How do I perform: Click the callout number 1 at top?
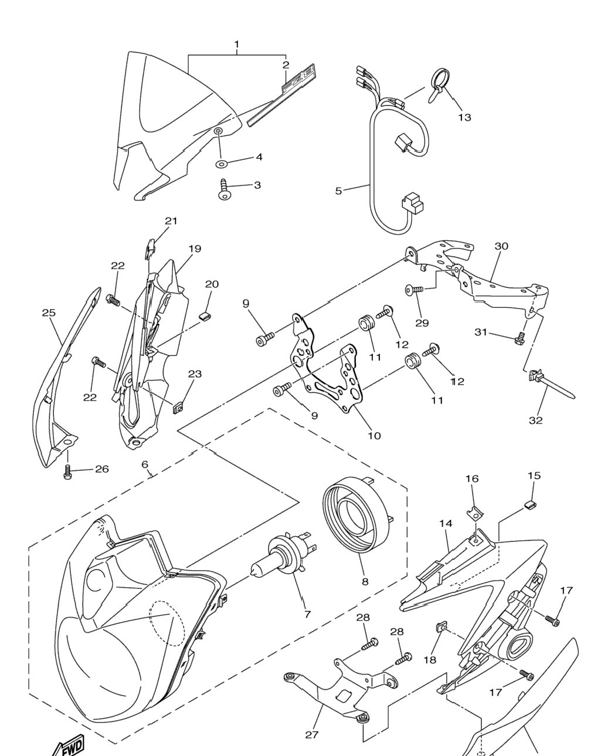click(x=236, y=45)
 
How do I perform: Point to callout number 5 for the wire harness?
click(x=338, y=191)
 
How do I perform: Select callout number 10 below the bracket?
click(x=375, y=436)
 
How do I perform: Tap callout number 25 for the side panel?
click(x=49, y=313)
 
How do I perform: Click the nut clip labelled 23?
click(x=179, y=408)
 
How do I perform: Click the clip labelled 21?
click(x=150, y=248)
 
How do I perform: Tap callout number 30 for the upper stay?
click(x=501, y=246)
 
